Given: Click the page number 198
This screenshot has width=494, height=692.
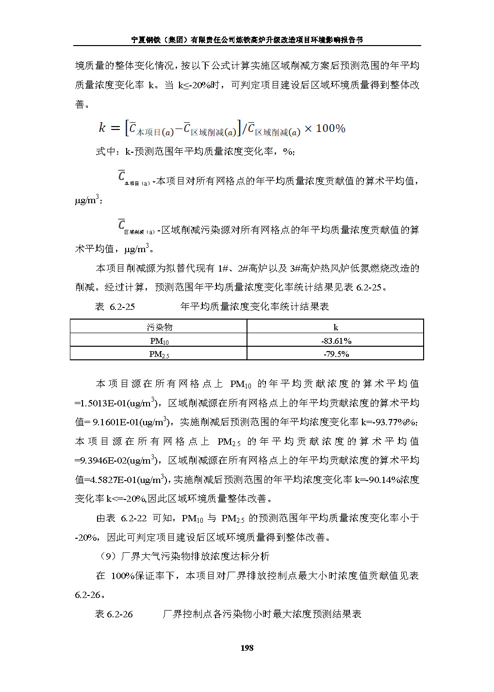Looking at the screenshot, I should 247,648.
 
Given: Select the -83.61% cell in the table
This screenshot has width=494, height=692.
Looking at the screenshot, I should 336,341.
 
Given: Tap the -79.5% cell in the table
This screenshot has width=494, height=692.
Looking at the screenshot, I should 336,354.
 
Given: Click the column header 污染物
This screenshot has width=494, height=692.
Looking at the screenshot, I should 159,327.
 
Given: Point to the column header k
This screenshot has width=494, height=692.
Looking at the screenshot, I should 336,327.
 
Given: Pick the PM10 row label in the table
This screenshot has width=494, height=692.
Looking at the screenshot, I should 159,341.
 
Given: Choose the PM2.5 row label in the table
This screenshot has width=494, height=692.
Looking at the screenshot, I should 159,354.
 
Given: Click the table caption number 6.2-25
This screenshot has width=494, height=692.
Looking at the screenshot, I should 122,306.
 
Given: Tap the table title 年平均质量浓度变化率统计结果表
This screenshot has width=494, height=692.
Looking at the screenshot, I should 255,306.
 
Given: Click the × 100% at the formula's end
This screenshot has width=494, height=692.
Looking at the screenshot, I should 325,129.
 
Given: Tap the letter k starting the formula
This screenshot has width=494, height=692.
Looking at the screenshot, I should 102,128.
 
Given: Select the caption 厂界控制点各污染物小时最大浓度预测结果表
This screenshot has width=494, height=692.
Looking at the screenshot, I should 262,614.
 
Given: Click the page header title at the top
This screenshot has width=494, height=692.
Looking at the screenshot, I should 247,40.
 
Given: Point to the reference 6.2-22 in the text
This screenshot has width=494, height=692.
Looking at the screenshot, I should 133,518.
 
